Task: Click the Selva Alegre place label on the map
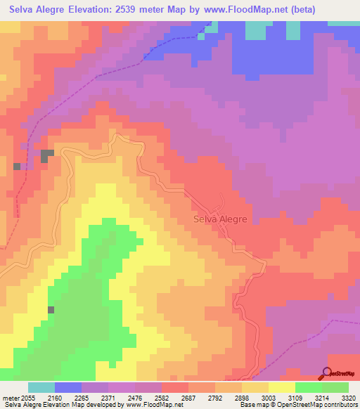tap(220, 219)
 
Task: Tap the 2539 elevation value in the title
tap(148, 10)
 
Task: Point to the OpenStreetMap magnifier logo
tap(326, 373)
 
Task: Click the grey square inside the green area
tap(51, 309)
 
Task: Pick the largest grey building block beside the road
tap(47, 155)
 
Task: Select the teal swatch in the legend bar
tap(41, 387)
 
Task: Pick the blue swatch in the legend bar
tap(68, 387)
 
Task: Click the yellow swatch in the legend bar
tap(282, 387)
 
